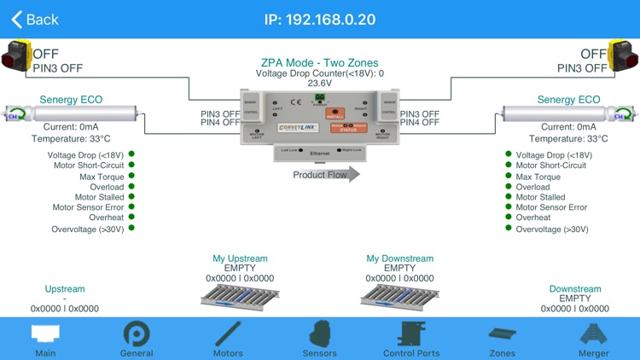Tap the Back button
pyautogui.click(x=35, y=19)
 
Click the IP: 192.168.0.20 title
pyautogui.click(x=320, y=19)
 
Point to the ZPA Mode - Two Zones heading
pyautogui.click(x=319, y=63)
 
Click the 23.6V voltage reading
pyautogui.click(x=319, y=84)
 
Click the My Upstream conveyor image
pyautogui.click(x=240, y=296)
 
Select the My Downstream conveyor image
pyautogui.click(x=400, y=296)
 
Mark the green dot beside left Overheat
pyautogui.click(x=131, y=217)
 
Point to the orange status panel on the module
pyautogui.click(x=348, y=125)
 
